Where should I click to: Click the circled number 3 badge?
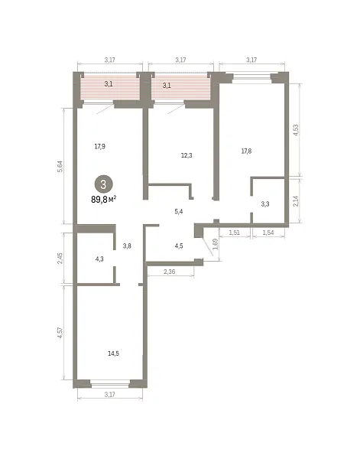[x=103, y=184]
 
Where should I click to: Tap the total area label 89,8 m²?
[x=104, y=200]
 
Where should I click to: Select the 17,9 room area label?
[x=99, y=146]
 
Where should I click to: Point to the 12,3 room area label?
[x=186, y=155]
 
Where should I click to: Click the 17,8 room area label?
[x=246, y=151]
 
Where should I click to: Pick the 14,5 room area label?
[x=113, y=353]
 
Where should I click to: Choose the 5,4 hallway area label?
[x=179, y=211]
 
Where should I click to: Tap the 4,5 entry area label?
[x=179, y=246]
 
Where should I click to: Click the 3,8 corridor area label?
[x=127, y=246]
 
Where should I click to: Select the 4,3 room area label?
[x=99, y=259]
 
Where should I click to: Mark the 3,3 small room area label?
[x=265, y=204]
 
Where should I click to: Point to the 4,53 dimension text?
[x=296, y=130]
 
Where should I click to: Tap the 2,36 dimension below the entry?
[x=170, y=272]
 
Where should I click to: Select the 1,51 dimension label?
[x=234, y=233]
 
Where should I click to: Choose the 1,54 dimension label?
[x=268, y=233]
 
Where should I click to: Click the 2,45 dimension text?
[x=60, y=259]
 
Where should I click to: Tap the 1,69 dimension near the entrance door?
[x=215, y=244]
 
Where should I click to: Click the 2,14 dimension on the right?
[x=296, y=201]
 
